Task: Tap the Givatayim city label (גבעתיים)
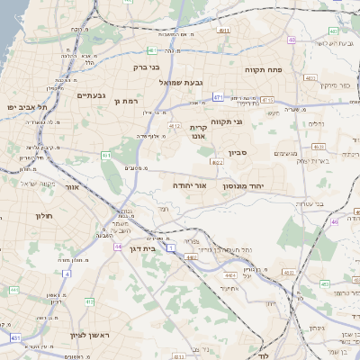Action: click(x=93, y=95)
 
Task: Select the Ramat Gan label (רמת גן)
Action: click(x=127, y=102)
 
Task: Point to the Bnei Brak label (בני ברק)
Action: click(x=166, y=66)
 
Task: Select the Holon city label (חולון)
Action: click(x=44, y=216)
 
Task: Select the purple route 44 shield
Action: click(x=118, y=245)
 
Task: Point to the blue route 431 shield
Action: click(x=15, y=337)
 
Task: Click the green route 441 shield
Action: click(x=13, y=289)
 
